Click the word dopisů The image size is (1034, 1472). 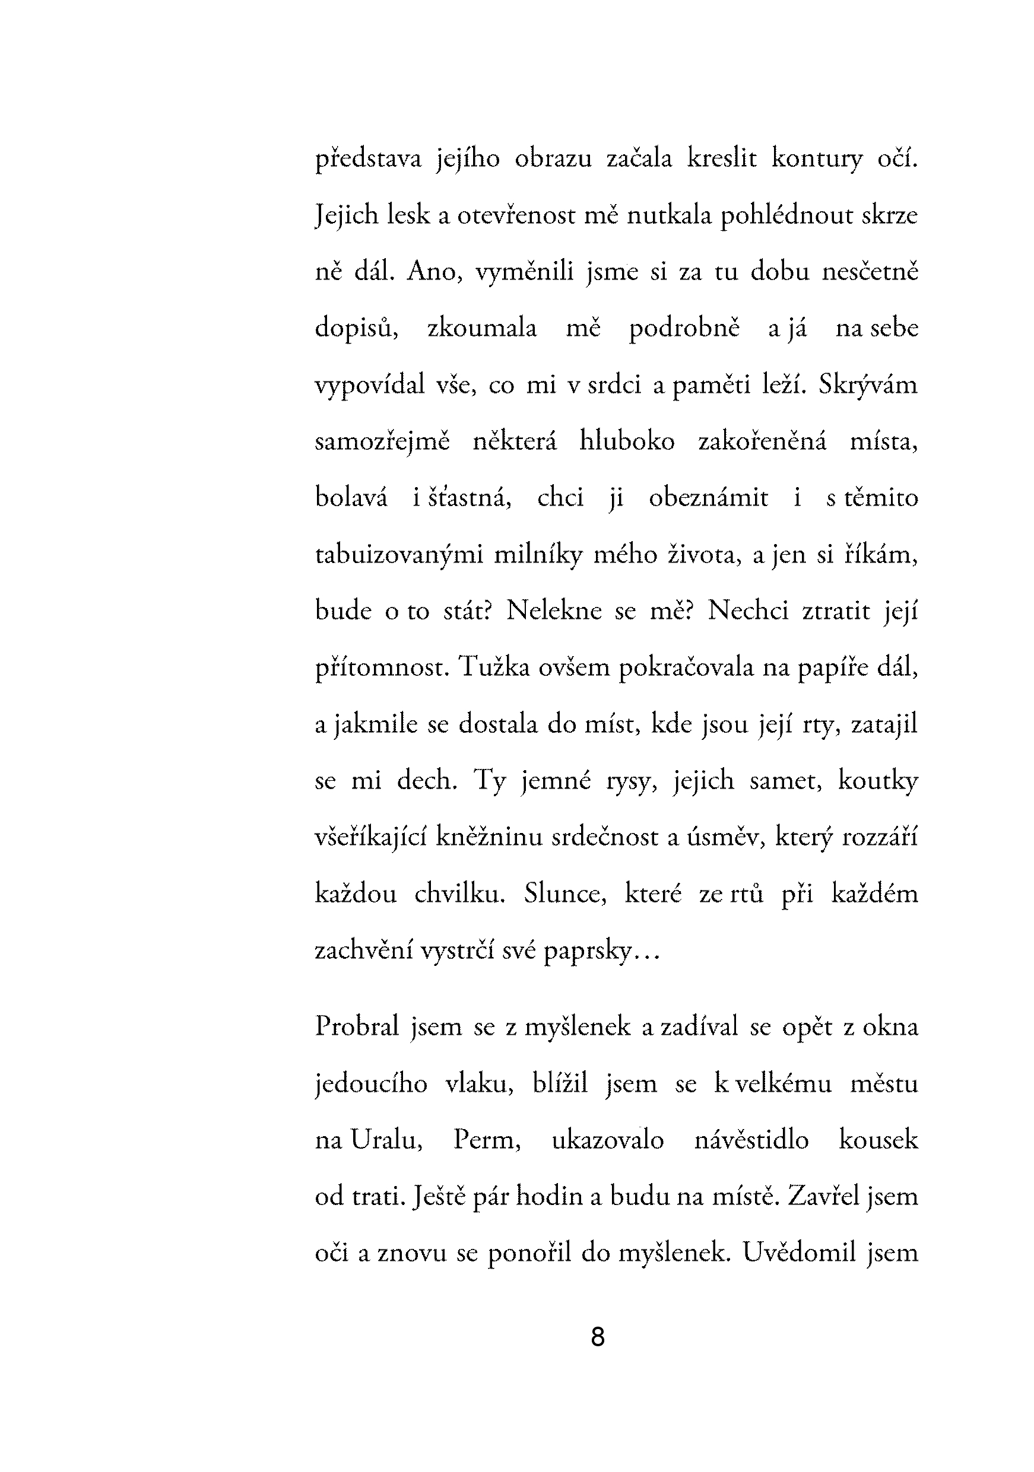(x=357, y=328)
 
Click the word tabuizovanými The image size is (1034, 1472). (x=399, y=555)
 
